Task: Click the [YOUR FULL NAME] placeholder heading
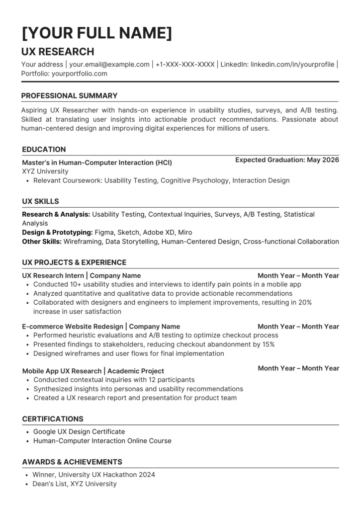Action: (97, 33)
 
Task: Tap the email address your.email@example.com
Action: (109, 65)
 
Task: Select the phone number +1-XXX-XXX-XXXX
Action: (185, 65)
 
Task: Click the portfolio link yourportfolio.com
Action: (79, 74)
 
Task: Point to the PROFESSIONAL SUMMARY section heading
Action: (69, 95)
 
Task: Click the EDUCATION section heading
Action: (44, 149)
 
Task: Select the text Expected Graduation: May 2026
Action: (287, 160)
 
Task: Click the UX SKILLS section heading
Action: (40, 201)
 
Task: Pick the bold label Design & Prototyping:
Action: (57, 232)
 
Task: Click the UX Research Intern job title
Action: (53, 275)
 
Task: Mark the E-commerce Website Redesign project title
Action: (73, 327)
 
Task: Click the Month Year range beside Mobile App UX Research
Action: (298, 368)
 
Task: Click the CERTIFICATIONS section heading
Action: (53, 419)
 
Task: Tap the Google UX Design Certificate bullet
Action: (79, 431)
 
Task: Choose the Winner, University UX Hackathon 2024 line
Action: (94, 475)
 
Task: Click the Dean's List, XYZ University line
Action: (75, 484)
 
